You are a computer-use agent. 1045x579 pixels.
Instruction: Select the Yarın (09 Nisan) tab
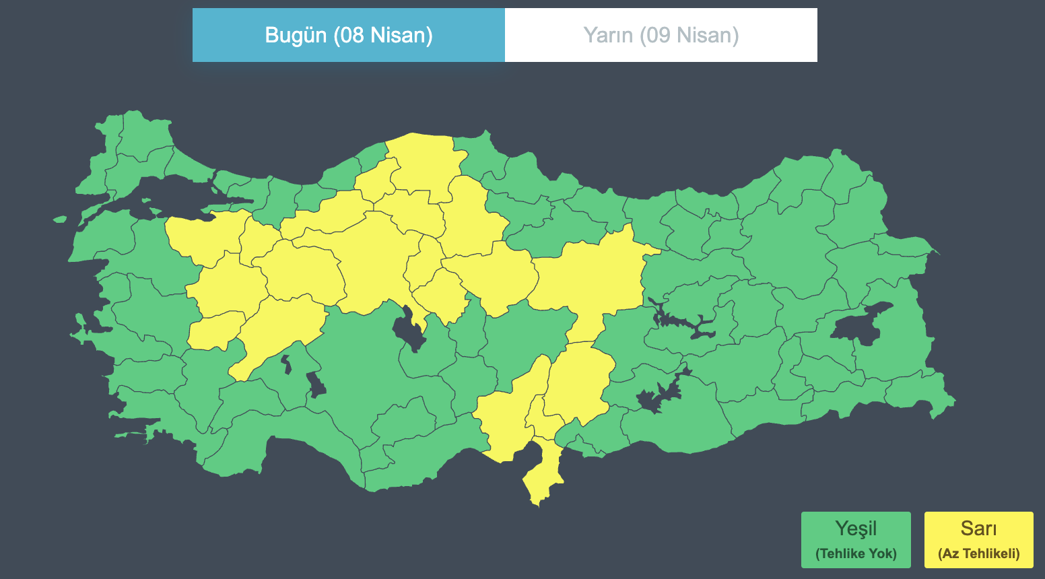click(x=661, y=35)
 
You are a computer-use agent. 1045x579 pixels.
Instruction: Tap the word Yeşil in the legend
click(x=855, y=529)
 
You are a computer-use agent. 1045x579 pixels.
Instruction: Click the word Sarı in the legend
click(x=978, y=529)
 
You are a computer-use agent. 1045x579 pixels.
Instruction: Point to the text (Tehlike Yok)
click(x=856, y=554)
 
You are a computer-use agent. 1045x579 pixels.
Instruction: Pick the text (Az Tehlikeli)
click(x=978, y=554)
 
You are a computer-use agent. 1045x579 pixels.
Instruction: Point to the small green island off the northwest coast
click(x=60, y=219)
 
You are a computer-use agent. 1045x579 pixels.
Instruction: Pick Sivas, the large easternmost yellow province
click(x=593, y=276)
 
